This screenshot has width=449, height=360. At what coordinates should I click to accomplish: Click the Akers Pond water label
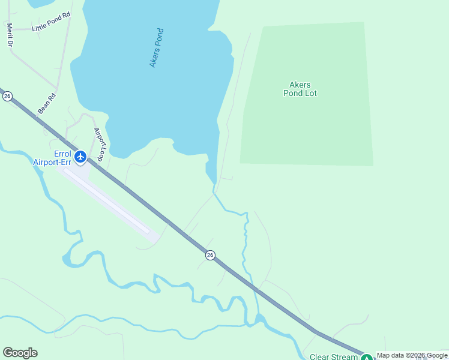pyautogui.click(x=157, y=48)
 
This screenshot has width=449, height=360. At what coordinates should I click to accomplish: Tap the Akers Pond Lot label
pyautogui.click(x=300, y=89)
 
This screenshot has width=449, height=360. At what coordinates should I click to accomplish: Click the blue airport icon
pyautogui.click(x=80, y=157)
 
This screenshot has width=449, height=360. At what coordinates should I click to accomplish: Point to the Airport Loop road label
pyautogui.click(x=100, y=145)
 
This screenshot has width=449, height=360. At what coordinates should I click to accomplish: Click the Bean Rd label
pyautogui.click(x=46, y=104)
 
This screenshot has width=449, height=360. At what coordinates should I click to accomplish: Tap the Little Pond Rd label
pyautogui.click(x=51, y=25)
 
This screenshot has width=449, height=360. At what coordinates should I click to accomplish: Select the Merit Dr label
pyautogui.click(x=10, y=35)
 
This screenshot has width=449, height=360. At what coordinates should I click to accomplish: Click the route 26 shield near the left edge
pyautogui.click(x=7, y=96)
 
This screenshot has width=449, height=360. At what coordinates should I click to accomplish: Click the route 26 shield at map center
pyautogui.click(x=210, y=255)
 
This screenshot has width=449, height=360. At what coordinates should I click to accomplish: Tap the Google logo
pyautogui.click(x=20, y=353)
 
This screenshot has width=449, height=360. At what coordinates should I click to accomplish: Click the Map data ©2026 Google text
pyautogui.click(x=412, y=356)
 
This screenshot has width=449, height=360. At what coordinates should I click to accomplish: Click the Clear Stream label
pyautogui.click(x=334, y=357)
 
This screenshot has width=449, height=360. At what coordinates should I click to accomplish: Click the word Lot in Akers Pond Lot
pyautogui.click(x=310, y=94)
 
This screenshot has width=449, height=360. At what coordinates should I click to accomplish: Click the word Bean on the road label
pyautogui.click(x=44, y=107)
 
